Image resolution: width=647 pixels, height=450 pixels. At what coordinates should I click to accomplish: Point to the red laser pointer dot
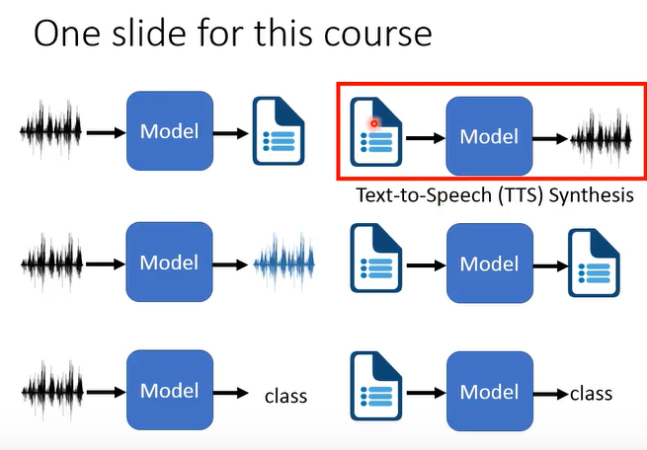click(374, 122)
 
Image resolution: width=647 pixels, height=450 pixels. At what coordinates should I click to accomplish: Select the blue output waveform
click(283, 263)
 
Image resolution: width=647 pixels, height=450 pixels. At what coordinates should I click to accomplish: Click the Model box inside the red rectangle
click(489, 137)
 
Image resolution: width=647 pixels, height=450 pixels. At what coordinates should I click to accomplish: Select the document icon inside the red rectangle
click(376, 132)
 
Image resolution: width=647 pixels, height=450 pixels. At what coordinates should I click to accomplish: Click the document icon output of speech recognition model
click(279, 130)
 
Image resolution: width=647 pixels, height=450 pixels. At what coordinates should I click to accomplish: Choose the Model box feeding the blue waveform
click(169, 262)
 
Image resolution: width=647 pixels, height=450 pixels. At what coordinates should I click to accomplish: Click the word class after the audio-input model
click(285, 397)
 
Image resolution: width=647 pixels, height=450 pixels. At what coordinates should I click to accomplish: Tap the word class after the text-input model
click(591, 393)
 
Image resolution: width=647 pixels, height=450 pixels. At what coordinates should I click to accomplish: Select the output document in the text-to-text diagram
click(593, 263)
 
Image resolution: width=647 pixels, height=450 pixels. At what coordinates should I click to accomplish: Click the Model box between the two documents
click(489, 263)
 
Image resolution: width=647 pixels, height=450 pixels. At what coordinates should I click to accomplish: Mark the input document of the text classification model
click(376, 392)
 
